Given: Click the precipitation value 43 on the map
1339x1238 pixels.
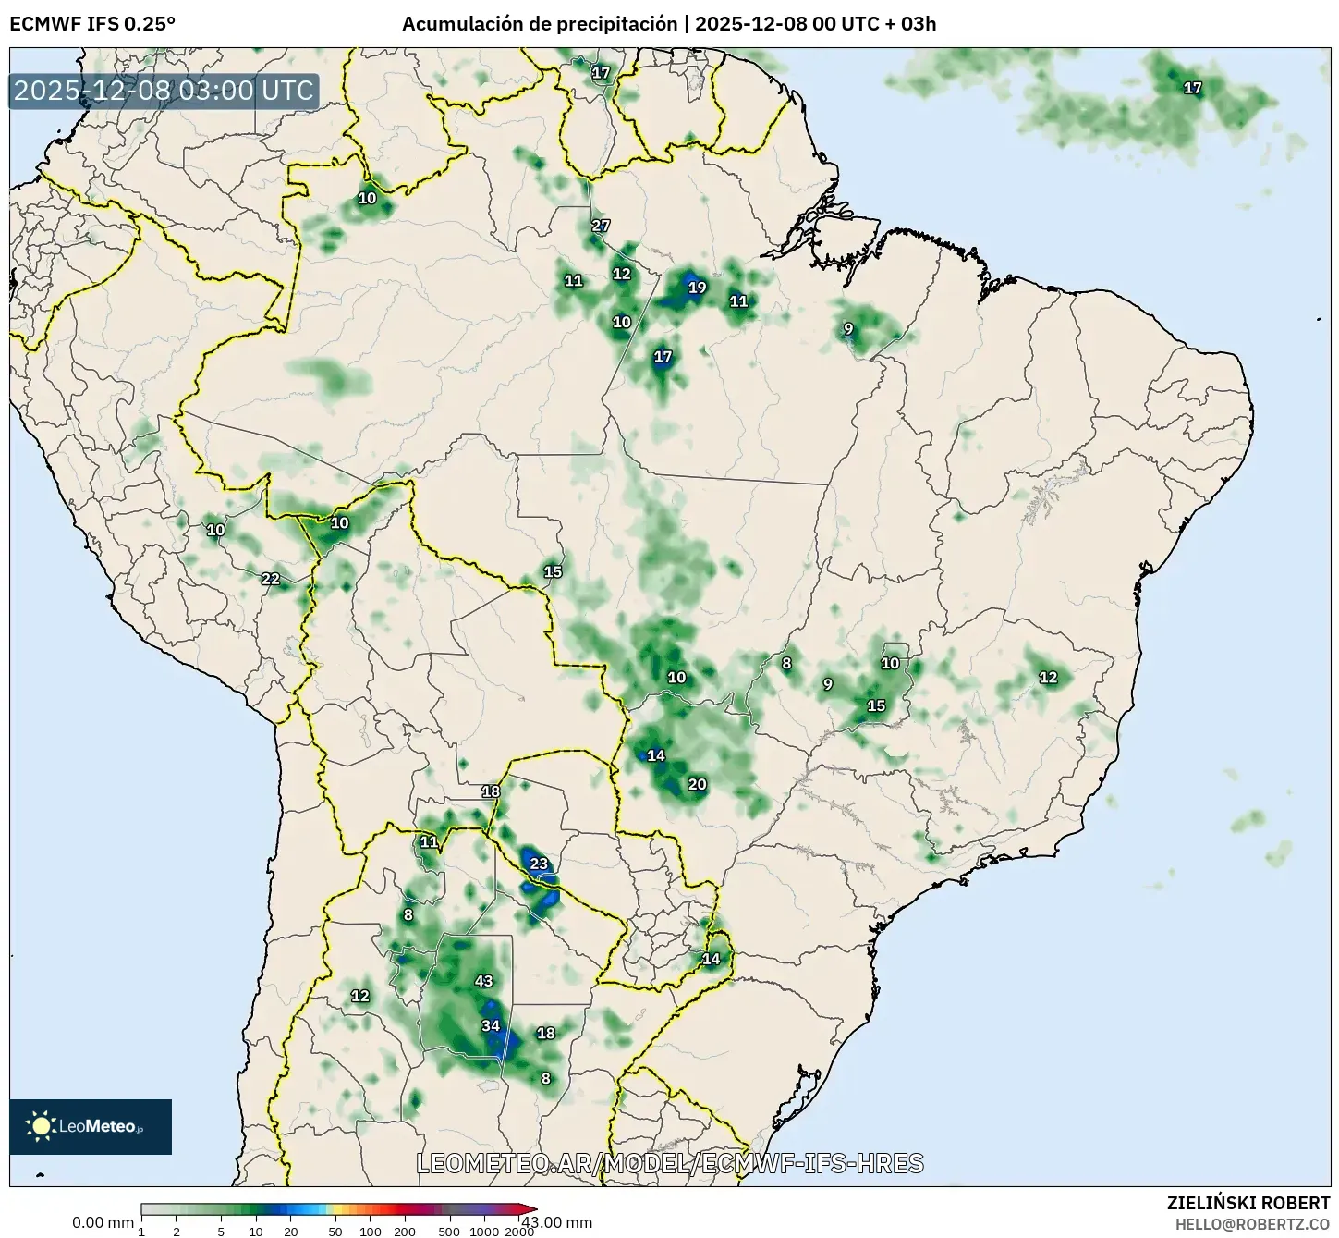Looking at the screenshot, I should [x=483, y=981].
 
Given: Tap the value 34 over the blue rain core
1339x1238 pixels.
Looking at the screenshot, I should [x=491, y=1025].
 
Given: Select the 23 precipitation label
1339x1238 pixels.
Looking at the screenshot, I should [x=539, y=864].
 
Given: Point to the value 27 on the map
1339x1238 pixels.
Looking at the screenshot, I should [x=601, y=226].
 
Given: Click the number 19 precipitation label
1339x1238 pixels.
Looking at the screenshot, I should [x=697, y=288].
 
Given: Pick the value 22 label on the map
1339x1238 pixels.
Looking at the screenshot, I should [x=270, y=579].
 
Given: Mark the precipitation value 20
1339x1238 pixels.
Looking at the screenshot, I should [x=697, y=784].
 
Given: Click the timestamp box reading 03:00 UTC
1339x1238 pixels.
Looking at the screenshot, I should [x=164, y=91].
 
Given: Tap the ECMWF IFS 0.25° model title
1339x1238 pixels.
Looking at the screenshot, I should [x=92, y=24].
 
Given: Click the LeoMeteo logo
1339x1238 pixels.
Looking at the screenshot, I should [x=90, y=1126].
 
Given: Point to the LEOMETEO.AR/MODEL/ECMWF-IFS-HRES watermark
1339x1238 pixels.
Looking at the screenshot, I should [x=670, y=1163].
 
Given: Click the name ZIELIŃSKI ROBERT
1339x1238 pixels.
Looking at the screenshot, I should [x=1248, y=1203].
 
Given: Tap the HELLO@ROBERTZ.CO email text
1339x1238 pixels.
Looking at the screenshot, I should [x=1252, y=1223].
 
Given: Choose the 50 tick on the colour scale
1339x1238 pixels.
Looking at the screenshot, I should [x=335, y=1231].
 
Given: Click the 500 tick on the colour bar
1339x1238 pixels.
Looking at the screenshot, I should [x=449, y=1231].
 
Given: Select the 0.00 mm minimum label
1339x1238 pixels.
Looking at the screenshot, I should [x=103, y=1222].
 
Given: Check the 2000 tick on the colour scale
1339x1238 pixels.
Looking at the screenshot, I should [x=519, y=1231].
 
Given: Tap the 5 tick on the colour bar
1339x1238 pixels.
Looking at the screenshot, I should [x=221, y=1231].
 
